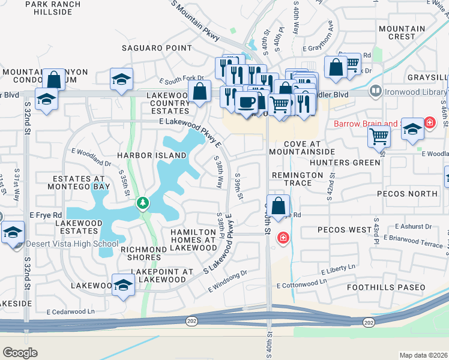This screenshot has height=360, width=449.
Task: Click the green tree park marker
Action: (x=142, y=203)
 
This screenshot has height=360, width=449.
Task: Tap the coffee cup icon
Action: (x=246, y=102)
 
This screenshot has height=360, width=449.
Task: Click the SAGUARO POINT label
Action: (x=157, y=48)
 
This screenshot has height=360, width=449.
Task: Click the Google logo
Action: (x=20, y=353)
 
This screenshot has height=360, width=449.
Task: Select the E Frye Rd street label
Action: (x=46, y=215)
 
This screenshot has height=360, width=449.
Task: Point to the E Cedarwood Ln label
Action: (x=71, y=311)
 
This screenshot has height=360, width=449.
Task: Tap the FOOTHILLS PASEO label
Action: (x=386, y=288)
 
